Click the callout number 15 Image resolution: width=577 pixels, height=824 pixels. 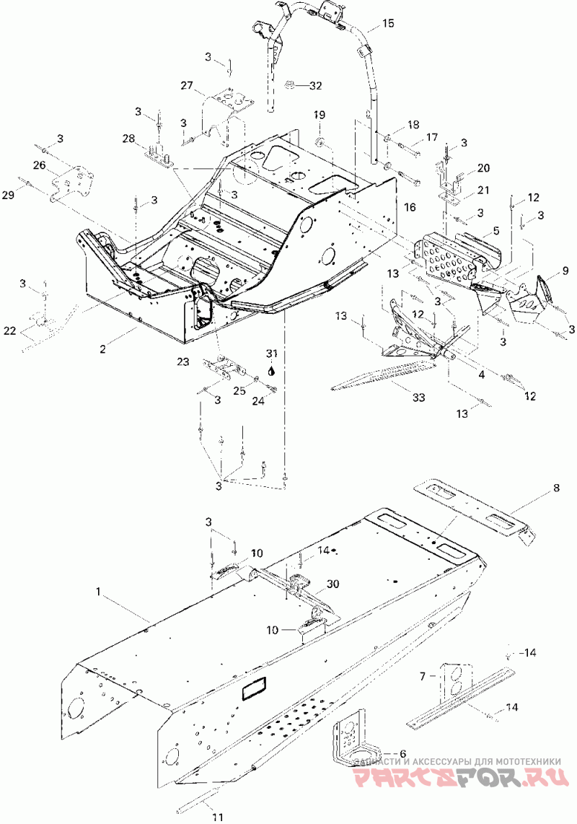(388, 24)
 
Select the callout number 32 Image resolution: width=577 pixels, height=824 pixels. (315, 86)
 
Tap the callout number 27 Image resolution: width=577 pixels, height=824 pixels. (188, 87)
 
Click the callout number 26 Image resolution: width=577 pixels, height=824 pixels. (38, 165)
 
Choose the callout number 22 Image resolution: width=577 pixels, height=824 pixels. (9, 331)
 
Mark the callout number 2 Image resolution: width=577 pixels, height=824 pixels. (103, 349)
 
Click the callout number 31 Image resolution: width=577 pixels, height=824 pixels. (271, 354)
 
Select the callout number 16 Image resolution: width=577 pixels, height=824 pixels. (410, 207)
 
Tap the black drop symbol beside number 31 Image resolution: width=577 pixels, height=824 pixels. (271, 369)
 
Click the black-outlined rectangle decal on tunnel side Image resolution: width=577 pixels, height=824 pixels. (254, 688)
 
